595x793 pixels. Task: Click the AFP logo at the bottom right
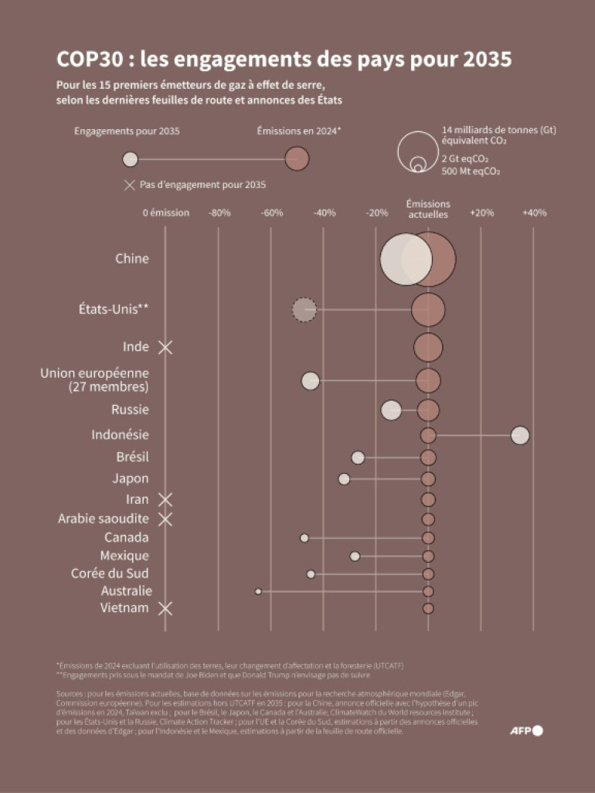click(x=526, y=730)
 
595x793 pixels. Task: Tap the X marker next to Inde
click(x=165, y=347)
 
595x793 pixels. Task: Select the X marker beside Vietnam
click(x=165, y=608)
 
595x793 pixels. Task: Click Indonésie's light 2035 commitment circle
click(x=520, y=435)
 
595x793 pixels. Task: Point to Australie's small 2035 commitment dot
click(x=258, y=591)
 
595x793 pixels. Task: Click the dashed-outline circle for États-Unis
click(x=304, y=310)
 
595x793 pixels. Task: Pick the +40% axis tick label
click(x=534, y=213)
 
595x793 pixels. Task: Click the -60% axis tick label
click(x=271, y=213)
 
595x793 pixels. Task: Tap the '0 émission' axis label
click(x=166, y=213)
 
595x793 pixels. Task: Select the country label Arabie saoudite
click(x=104, y=519)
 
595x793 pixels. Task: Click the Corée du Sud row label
click(x=110, y=573)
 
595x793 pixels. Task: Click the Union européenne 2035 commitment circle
click(x=311, y=380)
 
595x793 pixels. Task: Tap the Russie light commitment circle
click(x=391, y=410)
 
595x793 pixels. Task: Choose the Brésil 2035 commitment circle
click(x=358, y=458)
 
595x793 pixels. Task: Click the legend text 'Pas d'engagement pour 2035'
click(x=202, y=185)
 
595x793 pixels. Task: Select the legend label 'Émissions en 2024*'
click(x=299, y=131)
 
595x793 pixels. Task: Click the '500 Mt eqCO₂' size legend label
click(x=470, y=171)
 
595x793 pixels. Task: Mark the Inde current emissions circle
click(x=428, y=348)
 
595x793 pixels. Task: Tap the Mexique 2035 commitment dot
click(x=355, y=556)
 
